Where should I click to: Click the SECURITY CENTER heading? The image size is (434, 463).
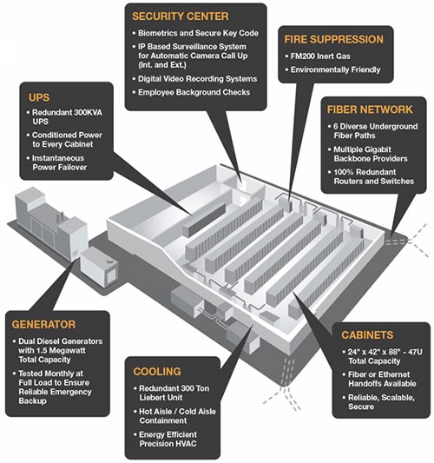tap(180, 17)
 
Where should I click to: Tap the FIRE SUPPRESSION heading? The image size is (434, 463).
tap(333, 39)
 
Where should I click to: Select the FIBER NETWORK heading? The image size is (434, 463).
tap(370, 109)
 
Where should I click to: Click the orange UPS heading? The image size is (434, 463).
tap(39, 97)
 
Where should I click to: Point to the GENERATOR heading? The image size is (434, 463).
tap(43, 325)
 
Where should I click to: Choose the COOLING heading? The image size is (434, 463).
tap(157, 372)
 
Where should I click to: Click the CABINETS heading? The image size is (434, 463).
tap(367, 334)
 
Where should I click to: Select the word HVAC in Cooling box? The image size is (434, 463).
tap(185, 444)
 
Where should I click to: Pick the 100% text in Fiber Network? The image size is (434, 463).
tap(345, 172)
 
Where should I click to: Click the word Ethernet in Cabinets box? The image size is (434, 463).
tap(393, 374)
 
